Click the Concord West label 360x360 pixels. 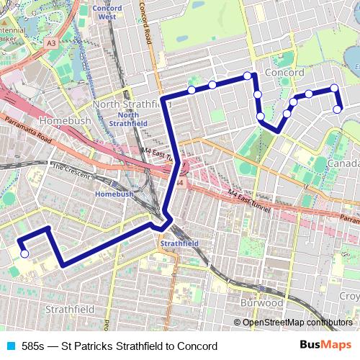point(107,12)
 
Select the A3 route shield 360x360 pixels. point(52,43)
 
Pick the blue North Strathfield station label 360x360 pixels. point(128,119)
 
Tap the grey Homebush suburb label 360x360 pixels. point(66,121)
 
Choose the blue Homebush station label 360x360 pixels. point(114,194)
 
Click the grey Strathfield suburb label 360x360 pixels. point(70,309)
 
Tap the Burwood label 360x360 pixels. point(262,303)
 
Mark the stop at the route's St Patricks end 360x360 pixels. point(24,253)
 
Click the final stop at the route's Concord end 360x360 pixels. point(338,109)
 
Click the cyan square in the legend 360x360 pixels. point(9,346)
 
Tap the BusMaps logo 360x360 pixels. point(325,346)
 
